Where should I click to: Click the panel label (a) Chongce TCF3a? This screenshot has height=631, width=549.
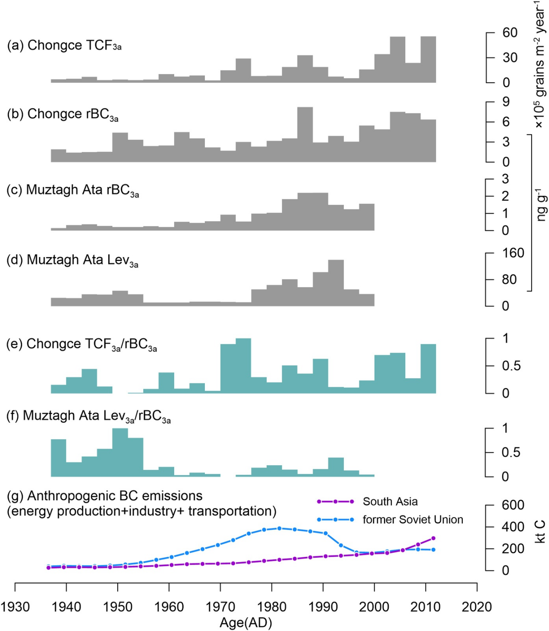pos(64,45)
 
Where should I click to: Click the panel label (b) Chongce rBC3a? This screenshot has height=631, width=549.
pos(62,114)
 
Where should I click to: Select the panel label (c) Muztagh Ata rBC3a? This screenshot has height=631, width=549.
pos(72,190)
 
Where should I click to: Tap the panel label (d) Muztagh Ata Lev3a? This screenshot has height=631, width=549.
pos(72,260)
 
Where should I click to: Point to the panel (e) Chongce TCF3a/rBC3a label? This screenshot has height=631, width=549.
pos(81,344)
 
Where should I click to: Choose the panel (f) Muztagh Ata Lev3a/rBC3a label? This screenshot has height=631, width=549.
pos(88,416)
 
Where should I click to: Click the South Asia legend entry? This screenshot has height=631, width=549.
pos(390,502)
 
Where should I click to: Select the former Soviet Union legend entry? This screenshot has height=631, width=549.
pos(412,519)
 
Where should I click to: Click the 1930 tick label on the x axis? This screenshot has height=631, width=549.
pos(15,607)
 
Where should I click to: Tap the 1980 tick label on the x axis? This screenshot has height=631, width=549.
pos(272,607)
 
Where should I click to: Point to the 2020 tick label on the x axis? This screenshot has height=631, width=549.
pos(477,607)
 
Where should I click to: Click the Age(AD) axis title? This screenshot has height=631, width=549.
pos(246,623)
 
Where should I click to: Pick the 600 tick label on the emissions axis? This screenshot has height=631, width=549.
pos(513,505)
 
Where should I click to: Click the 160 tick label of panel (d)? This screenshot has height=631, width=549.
pos(513,253)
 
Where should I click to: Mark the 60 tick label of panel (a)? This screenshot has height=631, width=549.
pos(510,33)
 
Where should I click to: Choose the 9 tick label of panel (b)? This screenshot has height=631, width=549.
pos(506,102)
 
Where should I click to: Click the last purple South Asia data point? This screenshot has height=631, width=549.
pos(433,538)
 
